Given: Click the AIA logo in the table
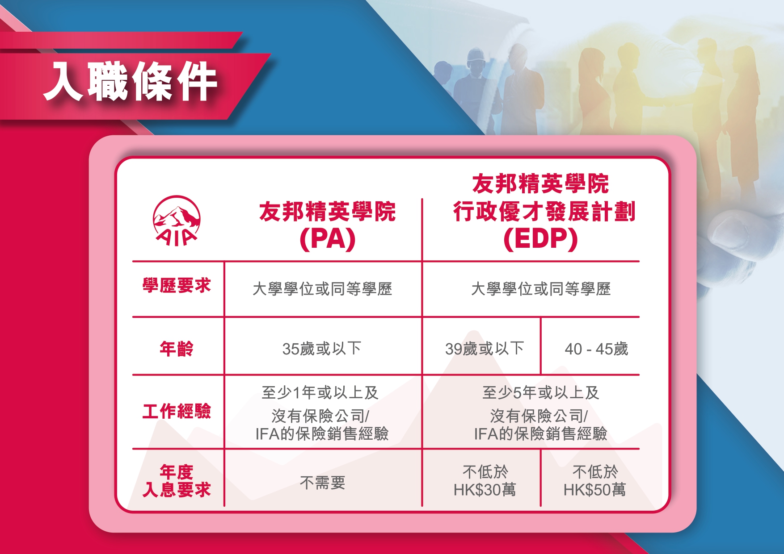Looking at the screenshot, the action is pyautogui.click(x=177, y=221).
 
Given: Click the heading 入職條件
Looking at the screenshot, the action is pyautogui.click(x=130, y=81).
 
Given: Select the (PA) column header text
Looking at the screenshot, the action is pyautogui.click(x=328, y=239).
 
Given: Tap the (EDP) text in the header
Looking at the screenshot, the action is pyautogui.click(x=540, y=239).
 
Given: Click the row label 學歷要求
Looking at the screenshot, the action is pyautogui.click(x=177, y=285).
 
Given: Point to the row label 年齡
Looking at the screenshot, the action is pyautogui.click(x=177, y=348).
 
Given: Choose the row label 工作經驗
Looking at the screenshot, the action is pyautogui.click(x=177, y=411).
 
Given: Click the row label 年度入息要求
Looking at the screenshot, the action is pyautogui.click(x=177, y=481).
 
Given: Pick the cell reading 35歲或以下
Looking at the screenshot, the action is pyautogui.click(x=322, y=348).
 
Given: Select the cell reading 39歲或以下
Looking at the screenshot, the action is pyautogui.click(x=485, y=348).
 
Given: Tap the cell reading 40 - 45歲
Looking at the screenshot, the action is pyautogui.click(x=596, y=349).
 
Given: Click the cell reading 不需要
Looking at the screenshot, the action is pyautogui.click(x=322, y=483).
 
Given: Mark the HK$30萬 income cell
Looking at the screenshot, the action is pyautogui.click(x=485, y=481).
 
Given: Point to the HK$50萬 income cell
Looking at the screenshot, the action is pyautogui.click(x=595, y=481).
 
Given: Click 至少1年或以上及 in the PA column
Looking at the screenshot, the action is pyautogui.click(x=320, y=392).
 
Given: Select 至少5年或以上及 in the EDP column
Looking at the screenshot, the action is pyautogui.click(x=541, y=392).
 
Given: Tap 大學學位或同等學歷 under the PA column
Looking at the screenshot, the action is pyautogui.click(x=322, y=289).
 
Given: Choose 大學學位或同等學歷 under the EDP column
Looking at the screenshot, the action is pyautogui.click(x=541, y=289).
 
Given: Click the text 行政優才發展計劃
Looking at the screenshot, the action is pyautogui.click(x=544, y=211).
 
